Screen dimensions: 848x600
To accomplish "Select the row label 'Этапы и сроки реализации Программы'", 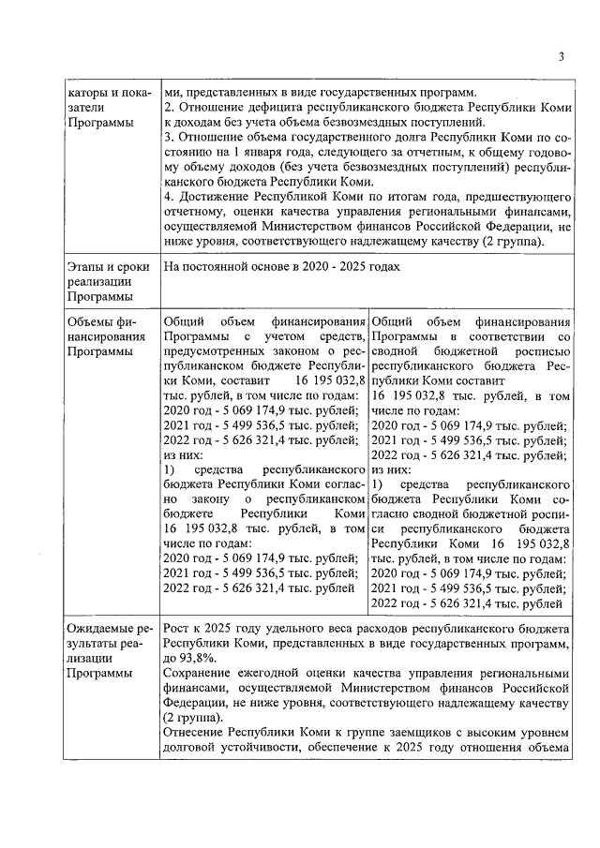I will tap(108, 283).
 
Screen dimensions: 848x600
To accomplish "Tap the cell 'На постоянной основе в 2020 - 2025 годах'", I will tap(282, 268).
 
